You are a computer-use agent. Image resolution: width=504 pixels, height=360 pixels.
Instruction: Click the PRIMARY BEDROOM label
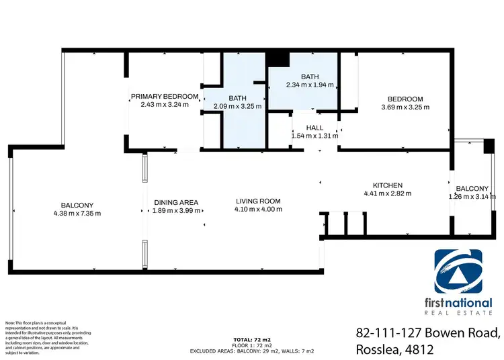tap(165, 97)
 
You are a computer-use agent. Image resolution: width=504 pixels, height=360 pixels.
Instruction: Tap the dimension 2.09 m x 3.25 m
tap(237, 106)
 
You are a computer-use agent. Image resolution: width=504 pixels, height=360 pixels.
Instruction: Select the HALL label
tap(314, 128)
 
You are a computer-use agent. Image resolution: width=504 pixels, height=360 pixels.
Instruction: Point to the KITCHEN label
tap(388, 185)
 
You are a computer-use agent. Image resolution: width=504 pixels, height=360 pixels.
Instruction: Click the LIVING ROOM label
tap(258, 201)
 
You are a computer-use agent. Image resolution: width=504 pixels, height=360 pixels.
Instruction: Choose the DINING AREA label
tap(175, 202)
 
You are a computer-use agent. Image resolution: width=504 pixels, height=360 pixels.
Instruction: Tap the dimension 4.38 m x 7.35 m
tap(77, 214)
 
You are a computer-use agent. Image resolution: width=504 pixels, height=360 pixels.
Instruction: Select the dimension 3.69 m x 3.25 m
tap(405, 107)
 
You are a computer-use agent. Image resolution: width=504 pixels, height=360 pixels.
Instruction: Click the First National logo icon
tap(463, 271)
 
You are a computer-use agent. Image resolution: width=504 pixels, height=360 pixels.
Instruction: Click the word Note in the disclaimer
tap(11, 323)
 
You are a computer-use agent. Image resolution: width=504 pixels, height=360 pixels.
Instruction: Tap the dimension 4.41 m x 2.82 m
tap(388, 193)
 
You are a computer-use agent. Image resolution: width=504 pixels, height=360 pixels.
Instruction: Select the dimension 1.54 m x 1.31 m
tap(314, 136)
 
